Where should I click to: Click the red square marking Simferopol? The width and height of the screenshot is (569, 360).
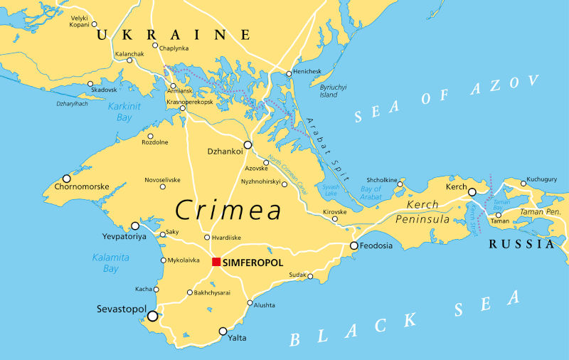(216, 262)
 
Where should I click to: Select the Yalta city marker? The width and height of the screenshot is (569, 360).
(223, 331)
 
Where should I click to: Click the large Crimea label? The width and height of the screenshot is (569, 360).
(228, 210)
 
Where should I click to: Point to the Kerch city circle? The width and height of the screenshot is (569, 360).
(472, 191)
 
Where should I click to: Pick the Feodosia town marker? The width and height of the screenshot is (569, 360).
(353, 245)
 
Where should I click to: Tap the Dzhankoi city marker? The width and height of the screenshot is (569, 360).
(248, 144)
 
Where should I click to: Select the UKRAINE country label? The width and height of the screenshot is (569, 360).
(174, 34)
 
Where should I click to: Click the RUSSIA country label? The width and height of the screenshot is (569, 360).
(521, 244)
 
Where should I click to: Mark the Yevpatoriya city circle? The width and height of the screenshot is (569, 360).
(135, 226)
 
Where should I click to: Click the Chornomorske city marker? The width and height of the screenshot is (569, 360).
(67, 179)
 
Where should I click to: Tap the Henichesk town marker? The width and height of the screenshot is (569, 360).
(289, 73)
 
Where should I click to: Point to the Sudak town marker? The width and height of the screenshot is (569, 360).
(310, 276)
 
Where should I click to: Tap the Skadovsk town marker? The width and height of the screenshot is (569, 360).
(90, 84)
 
